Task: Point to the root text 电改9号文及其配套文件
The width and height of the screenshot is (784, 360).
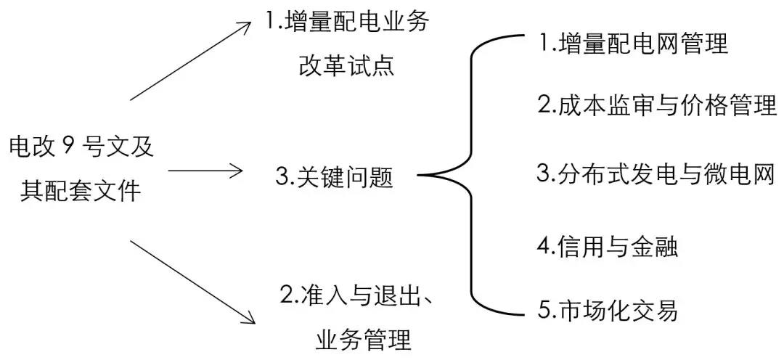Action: click(81, 168)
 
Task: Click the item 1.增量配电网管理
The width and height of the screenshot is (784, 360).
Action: click(633, 44)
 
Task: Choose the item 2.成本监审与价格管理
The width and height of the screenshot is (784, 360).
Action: click(657, 107)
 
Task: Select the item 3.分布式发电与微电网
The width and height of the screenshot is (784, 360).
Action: click(657, 174)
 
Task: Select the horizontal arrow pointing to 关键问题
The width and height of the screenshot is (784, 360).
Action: click(205, 171)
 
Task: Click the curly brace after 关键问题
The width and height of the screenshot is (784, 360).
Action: click(465, 176)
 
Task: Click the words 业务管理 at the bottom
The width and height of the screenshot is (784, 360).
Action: click(363, 339)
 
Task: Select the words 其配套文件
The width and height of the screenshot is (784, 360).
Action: click(81, 190)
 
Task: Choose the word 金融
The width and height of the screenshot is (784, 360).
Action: click(656, 247)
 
